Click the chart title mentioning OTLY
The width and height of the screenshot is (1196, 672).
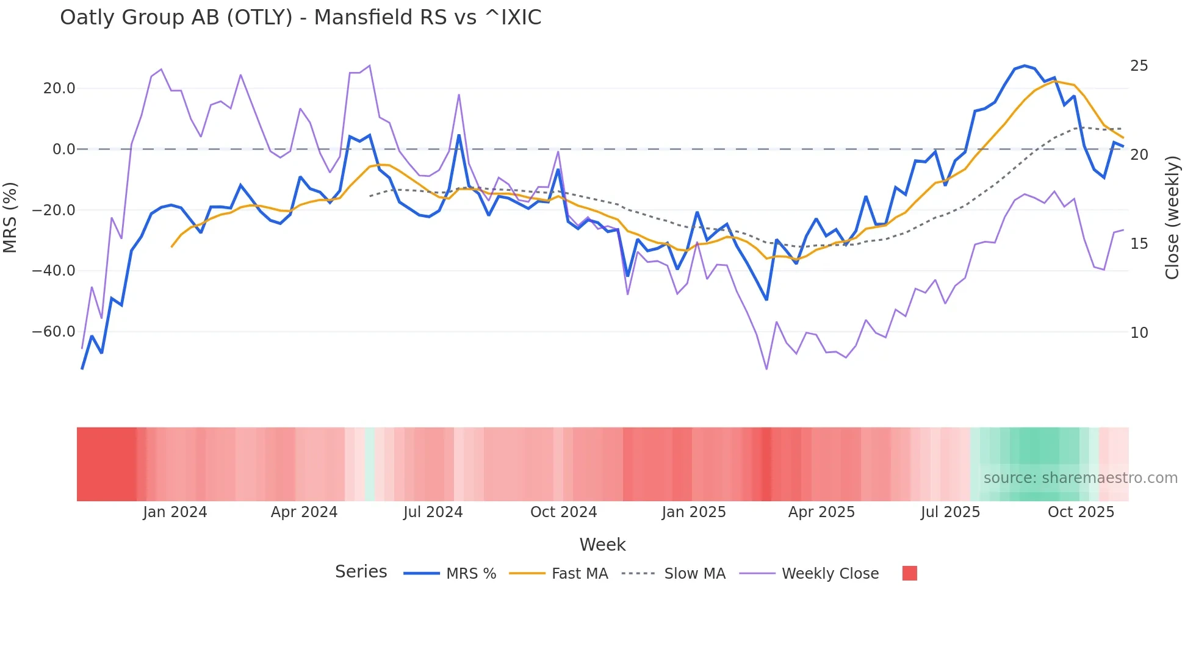pos(300,18)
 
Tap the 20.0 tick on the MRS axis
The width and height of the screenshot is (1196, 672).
pos(59,88)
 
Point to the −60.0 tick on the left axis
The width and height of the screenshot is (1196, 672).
pos(54,332)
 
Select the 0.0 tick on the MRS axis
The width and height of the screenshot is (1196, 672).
pos(64,149)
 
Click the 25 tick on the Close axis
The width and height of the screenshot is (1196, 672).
pos(1139,66)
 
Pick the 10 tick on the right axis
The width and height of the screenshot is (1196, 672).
pos(1139,333)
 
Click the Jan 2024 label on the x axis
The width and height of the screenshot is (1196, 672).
pos(175,512)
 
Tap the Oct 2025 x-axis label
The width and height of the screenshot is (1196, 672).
pos(1081,512)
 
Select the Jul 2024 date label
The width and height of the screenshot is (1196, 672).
pos(433,512)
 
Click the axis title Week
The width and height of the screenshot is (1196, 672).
pos(602,545)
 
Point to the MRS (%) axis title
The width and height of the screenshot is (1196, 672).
pos(10,218)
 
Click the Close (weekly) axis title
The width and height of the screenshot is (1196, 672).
pos(1172,218)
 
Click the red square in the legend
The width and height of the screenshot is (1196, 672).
pos(909,574)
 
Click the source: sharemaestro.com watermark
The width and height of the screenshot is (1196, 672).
pos(1080,478)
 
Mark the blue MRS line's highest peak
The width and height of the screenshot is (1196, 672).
pos(1025,65)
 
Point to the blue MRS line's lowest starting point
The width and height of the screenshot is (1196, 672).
pos(82,368)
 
